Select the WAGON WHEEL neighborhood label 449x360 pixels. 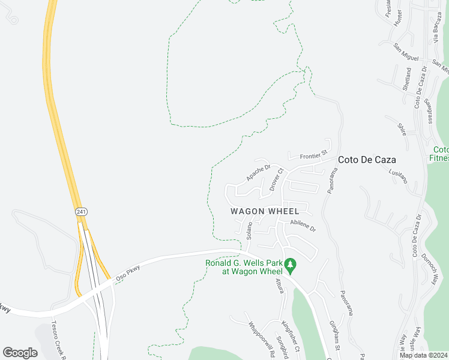(265, 211)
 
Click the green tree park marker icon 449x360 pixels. (290, 264)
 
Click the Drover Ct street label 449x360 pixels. (276, 180)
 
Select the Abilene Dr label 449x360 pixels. (303, 225)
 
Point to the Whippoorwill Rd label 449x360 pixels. (260, 340)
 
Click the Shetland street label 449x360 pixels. (406, 79)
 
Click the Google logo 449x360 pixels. (20, 352)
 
